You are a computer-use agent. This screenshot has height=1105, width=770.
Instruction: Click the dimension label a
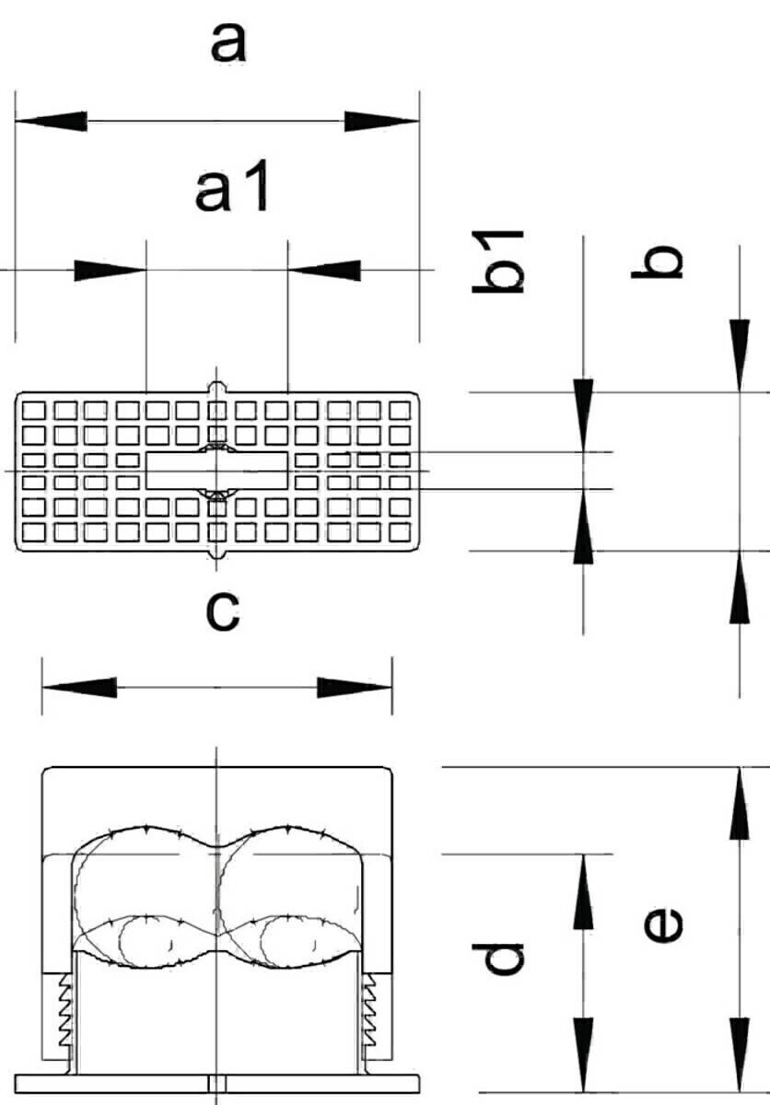[229, 42]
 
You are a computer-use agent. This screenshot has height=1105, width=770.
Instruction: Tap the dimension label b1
[498, 262]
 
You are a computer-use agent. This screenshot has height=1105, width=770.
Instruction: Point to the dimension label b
[655, 262]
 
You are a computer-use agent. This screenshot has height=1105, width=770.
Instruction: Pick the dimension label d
[505, 958]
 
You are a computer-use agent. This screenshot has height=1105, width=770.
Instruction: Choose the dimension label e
[661, 925]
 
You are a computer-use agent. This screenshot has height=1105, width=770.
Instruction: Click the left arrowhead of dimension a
[51, 121]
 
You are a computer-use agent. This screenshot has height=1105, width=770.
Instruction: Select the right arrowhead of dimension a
[382, 121]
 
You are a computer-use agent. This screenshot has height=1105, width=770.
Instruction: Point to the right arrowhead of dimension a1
[324, 270]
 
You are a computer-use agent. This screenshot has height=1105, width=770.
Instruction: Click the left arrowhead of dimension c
[78, 687]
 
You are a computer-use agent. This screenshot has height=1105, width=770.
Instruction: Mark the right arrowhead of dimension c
[356, 687]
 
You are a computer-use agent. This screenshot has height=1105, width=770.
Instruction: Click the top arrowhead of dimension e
[740, 803]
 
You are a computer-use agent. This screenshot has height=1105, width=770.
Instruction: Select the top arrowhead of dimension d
[583, 890]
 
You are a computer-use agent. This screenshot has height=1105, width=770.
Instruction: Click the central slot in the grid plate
[217, 471]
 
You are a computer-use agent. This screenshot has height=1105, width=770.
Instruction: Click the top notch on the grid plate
[217, 386]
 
